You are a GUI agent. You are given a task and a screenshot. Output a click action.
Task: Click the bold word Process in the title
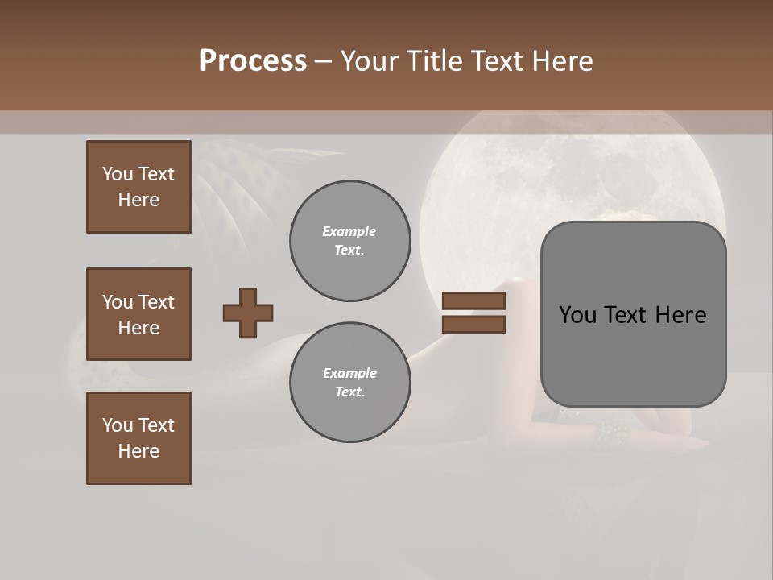coord(253,61)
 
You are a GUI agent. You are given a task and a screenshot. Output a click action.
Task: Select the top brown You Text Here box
coord(138,187)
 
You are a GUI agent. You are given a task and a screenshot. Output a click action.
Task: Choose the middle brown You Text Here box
coord(138,314)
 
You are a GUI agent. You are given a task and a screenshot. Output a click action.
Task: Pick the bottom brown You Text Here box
coord(138,438)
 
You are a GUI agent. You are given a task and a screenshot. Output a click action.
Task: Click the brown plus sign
coord(248,313)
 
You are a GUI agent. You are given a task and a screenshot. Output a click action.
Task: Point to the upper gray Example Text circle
coord(349,241)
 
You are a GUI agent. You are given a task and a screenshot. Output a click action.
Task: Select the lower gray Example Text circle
coord(349,383)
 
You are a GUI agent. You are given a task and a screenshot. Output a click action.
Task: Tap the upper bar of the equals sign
coord(473,301)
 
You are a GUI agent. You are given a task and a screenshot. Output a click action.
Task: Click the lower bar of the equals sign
coord(473,325)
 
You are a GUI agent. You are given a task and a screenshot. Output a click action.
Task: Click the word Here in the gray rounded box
coord(680,315)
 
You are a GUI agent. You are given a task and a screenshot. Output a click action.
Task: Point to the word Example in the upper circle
coord(349,231)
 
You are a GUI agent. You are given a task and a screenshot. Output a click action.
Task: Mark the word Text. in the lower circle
coord(349,392)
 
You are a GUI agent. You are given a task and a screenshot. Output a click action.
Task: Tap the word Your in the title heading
coord(369,61)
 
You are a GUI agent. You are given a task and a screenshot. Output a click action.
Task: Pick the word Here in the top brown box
coord(138,200)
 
